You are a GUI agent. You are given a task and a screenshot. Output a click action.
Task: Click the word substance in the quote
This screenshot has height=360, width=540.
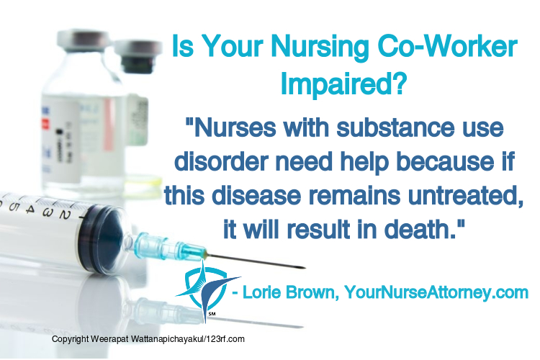(x=395, y=127)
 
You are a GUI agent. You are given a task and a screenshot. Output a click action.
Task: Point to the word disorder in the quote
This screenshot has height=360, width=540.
(x=222, y=161)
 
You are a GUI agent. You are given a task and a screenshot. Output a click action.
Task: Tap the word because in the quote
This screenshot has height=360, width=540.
(x=445, y=161)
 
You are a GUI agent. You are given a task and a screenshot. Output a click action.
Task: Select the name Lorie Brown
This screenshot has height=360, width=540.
(x=289, y=292)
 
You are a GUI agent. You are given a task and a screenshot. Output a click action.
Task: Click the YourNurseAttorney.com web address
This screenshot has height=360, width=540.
(x=436, y=292)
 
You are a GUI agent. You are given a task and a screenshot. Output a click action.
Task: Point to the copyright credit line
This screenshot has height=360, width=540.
(x=148, y=339)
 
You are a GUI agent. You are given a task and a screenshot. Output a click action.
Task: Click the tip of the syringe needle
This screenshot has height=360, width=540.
(x=305, y=268)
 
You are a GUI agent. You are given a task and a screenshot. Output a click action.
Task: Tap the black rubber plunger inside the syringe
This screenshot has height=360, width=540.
(x=100, y=238)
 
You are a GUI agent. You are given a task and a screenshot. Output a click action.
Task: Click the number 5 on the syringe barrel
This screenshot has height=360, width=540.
(x=14, y=207)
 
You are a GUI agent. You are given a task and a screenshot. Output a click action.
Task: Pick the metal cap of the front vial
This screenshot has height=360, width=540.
(x=85, y=40)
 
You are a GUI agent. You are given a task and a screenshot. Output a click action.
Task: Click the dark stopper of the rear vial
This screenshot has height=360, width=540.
(x=138, y=64)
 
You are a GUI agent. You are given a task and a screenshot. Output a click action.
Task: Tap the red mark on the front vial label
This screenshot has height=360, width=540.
(x=45, y=124)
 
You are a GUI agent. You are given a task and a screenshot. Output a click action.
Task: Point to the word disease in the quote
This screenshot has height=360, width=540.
(x=256, y=195)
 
